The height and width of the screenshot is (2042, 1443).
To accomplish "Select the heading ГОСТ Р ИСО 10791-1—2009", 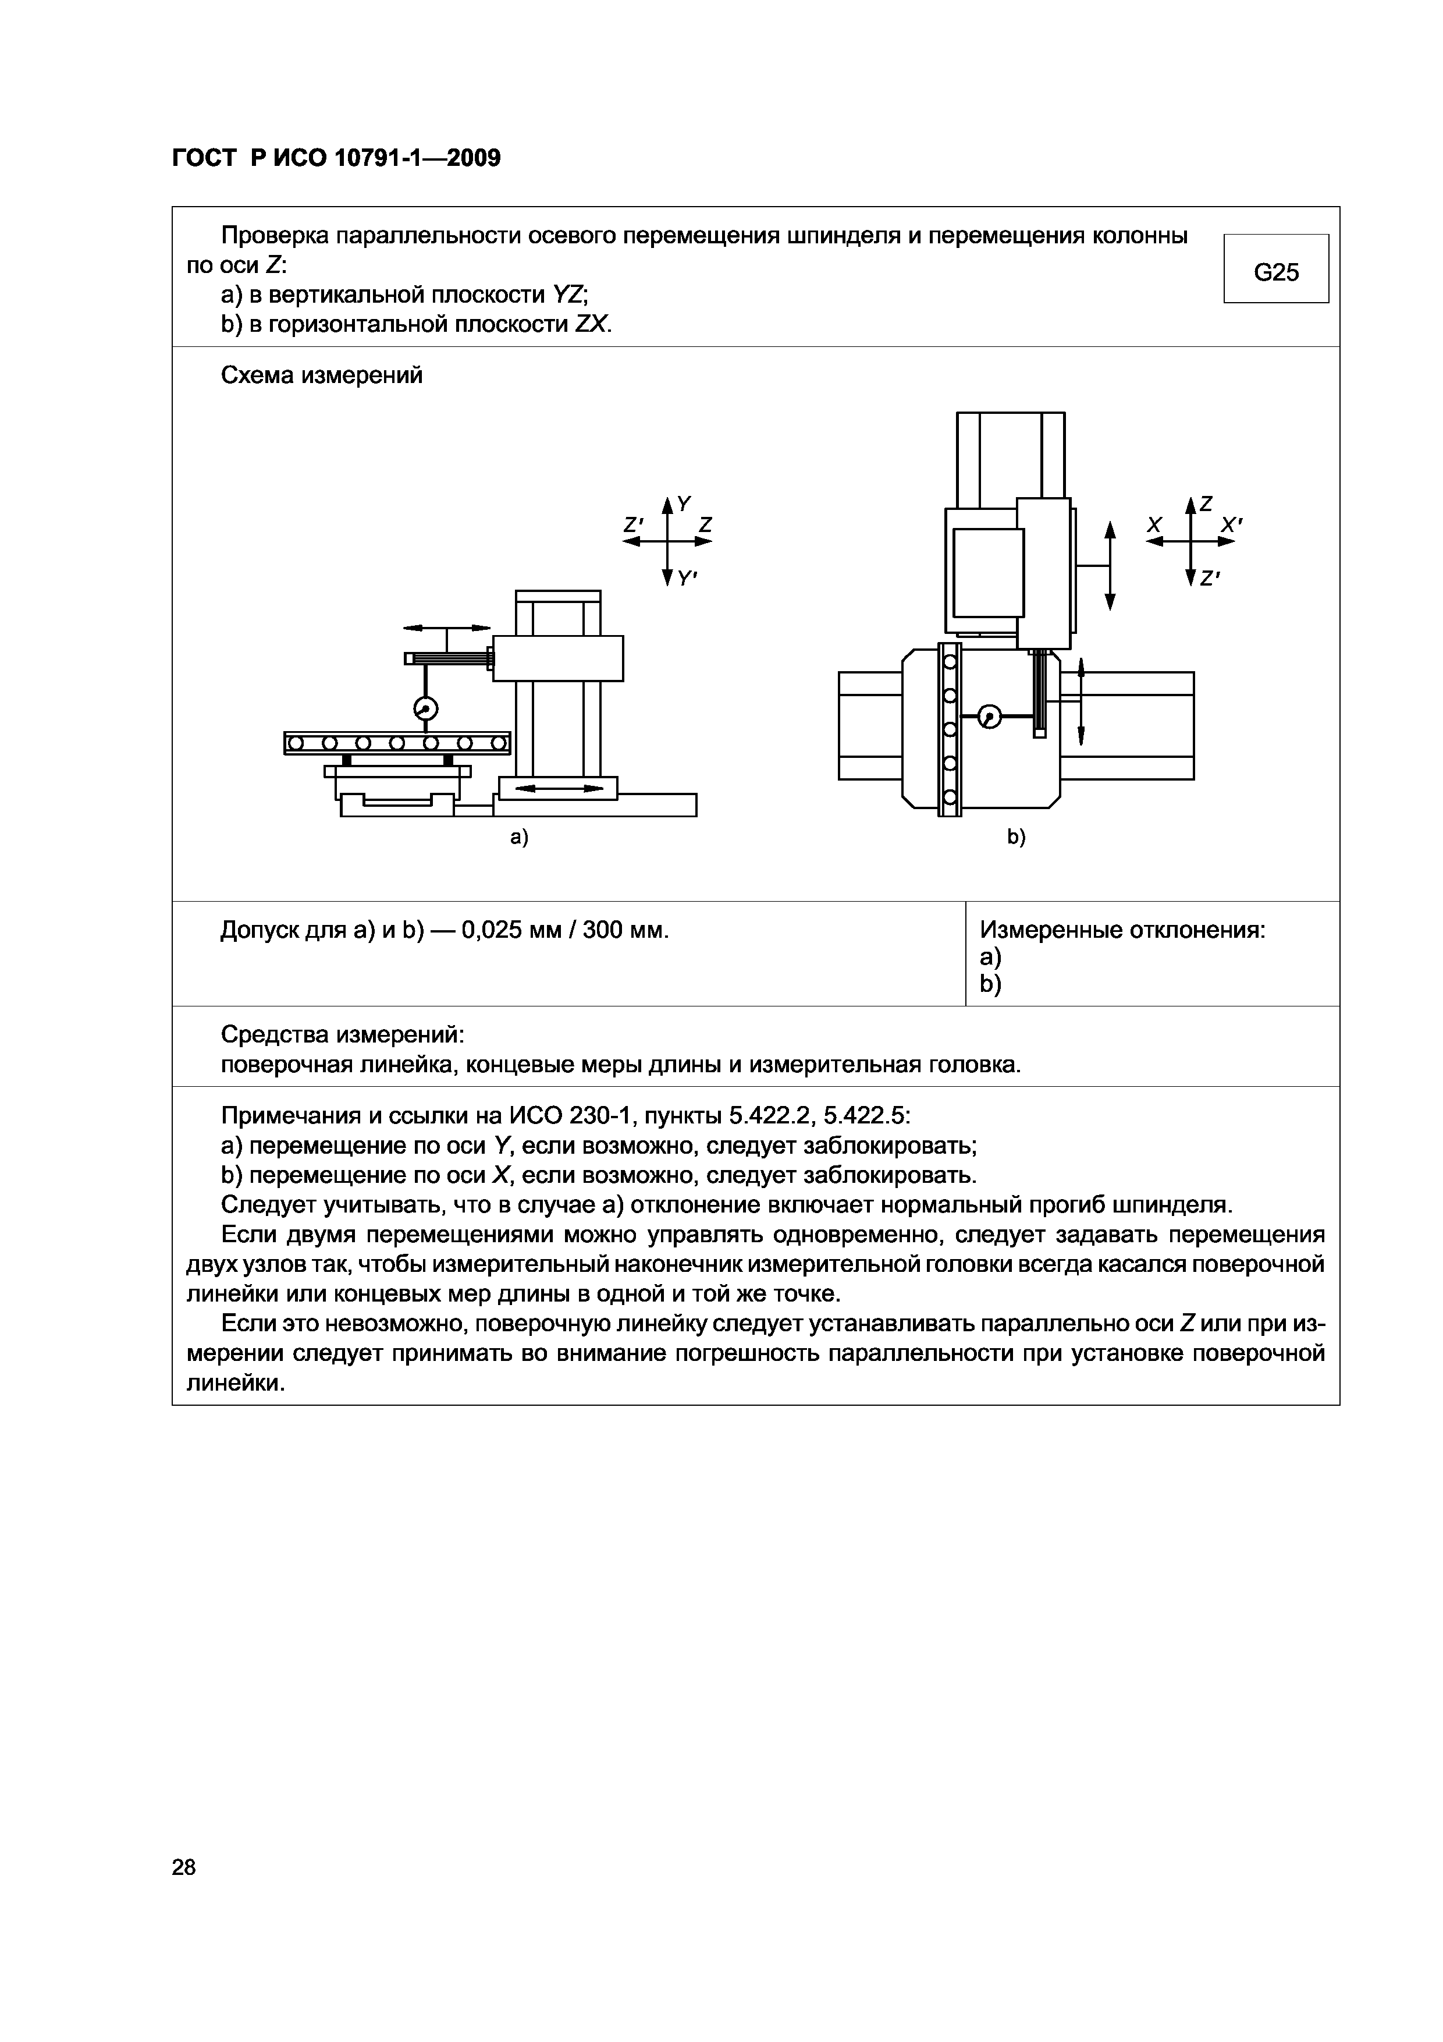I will [336, 158].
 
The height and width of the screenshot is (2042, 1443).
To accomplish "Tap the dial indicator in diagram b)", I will [989, 717].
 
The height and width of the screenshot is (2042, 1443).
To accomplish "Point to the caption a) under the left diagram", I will [519, 837].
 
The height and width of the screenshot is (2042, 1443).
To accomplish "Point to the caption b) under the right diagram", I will [1017, 837].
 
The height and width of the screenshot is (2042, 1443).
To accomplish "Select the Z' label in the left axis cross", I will [633, 524].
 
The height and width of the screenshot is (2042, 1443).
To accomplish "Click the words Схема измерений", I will [321, 375].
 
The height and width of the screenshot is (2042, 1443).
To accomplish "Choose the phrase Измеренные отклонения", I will [1122, 930].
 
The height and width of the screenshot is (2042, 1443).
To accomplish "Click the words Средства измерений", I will [342, 1035].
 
